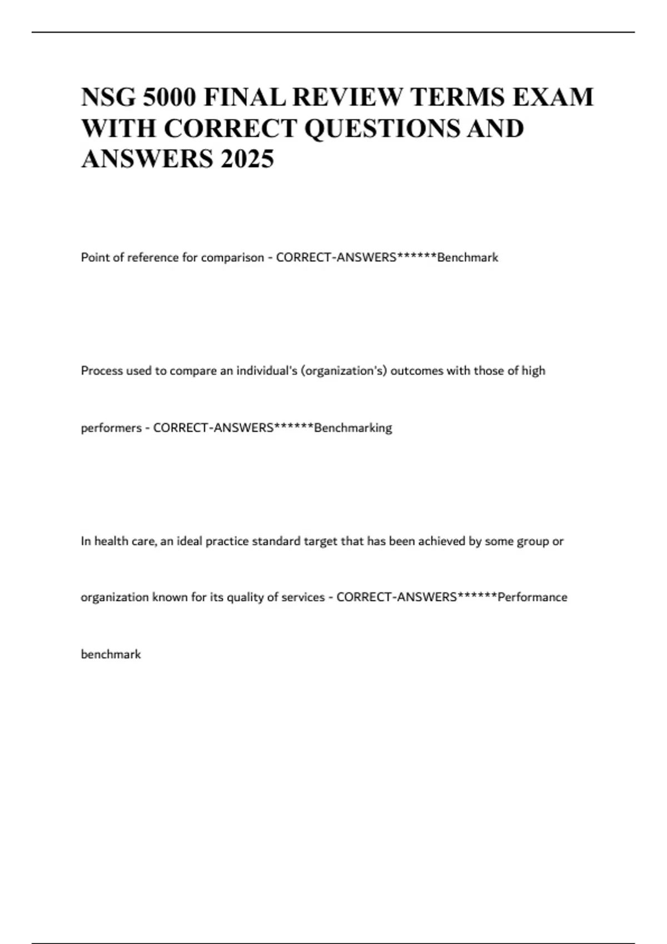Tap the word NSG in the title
(x=108, y=97)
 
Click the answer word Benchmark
(x=468, y=258)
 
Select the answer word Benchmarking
(x=353, y=428)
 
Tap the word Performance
(x=532, y=597)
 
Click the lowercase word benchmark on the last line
(x=111, y=655)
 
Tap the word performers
(x=111, y=428)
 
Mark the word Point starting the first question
(x=95, y=258)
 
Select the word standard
(x=276, y=541)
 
